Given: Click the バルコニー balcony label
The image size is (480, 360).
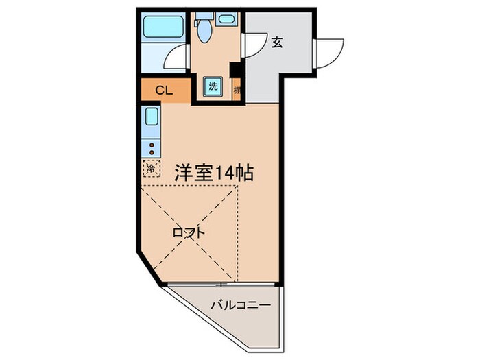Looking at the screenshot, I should [x=241, y=304].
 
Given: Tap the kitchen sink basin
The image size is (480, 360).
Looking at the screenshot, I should [x=152, y=116].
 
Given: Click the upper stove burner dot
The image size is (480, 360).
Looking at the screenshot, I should [x=152, y=145].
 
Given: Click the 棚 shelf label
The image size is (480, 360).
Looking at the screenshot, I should [x=237, y=90].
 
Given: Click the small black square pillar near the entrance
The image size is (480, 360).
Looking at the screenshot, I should [x=234, y=70].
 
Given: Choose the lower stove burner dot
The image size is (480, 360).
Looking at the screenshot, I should [x=152, y=152].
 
